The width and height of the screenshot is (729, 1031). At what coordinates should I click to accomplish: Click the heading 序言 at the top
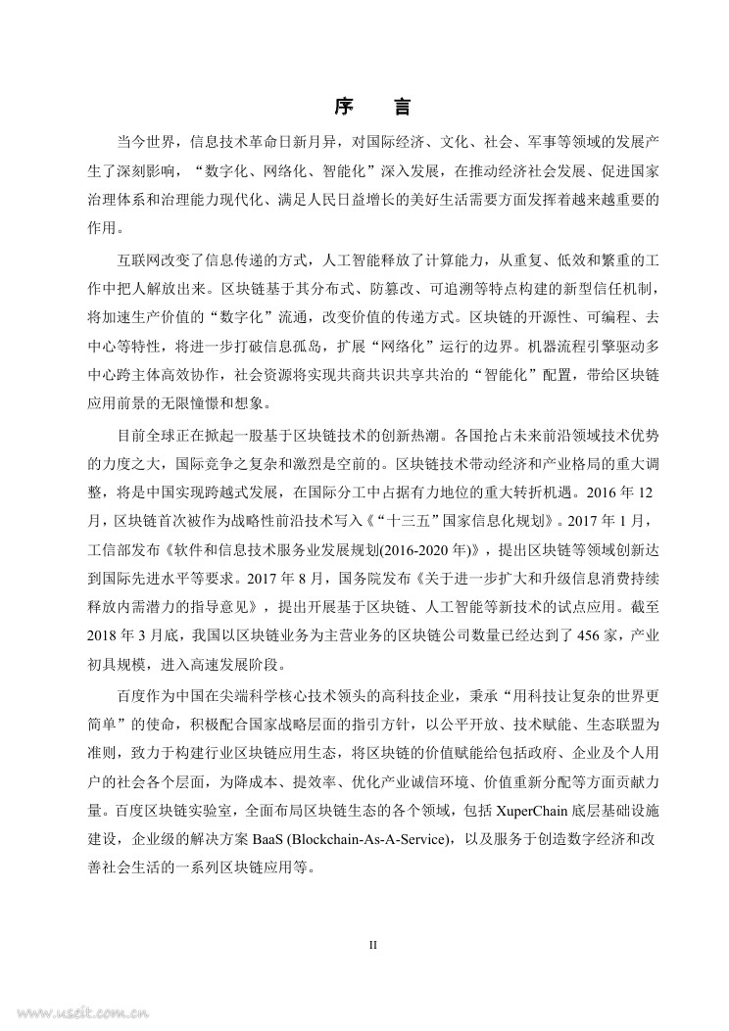point(364,106)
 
